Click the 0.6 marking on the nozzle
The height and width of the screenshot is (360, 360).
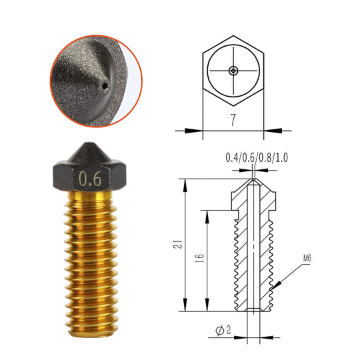click(x=90, y=179)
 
